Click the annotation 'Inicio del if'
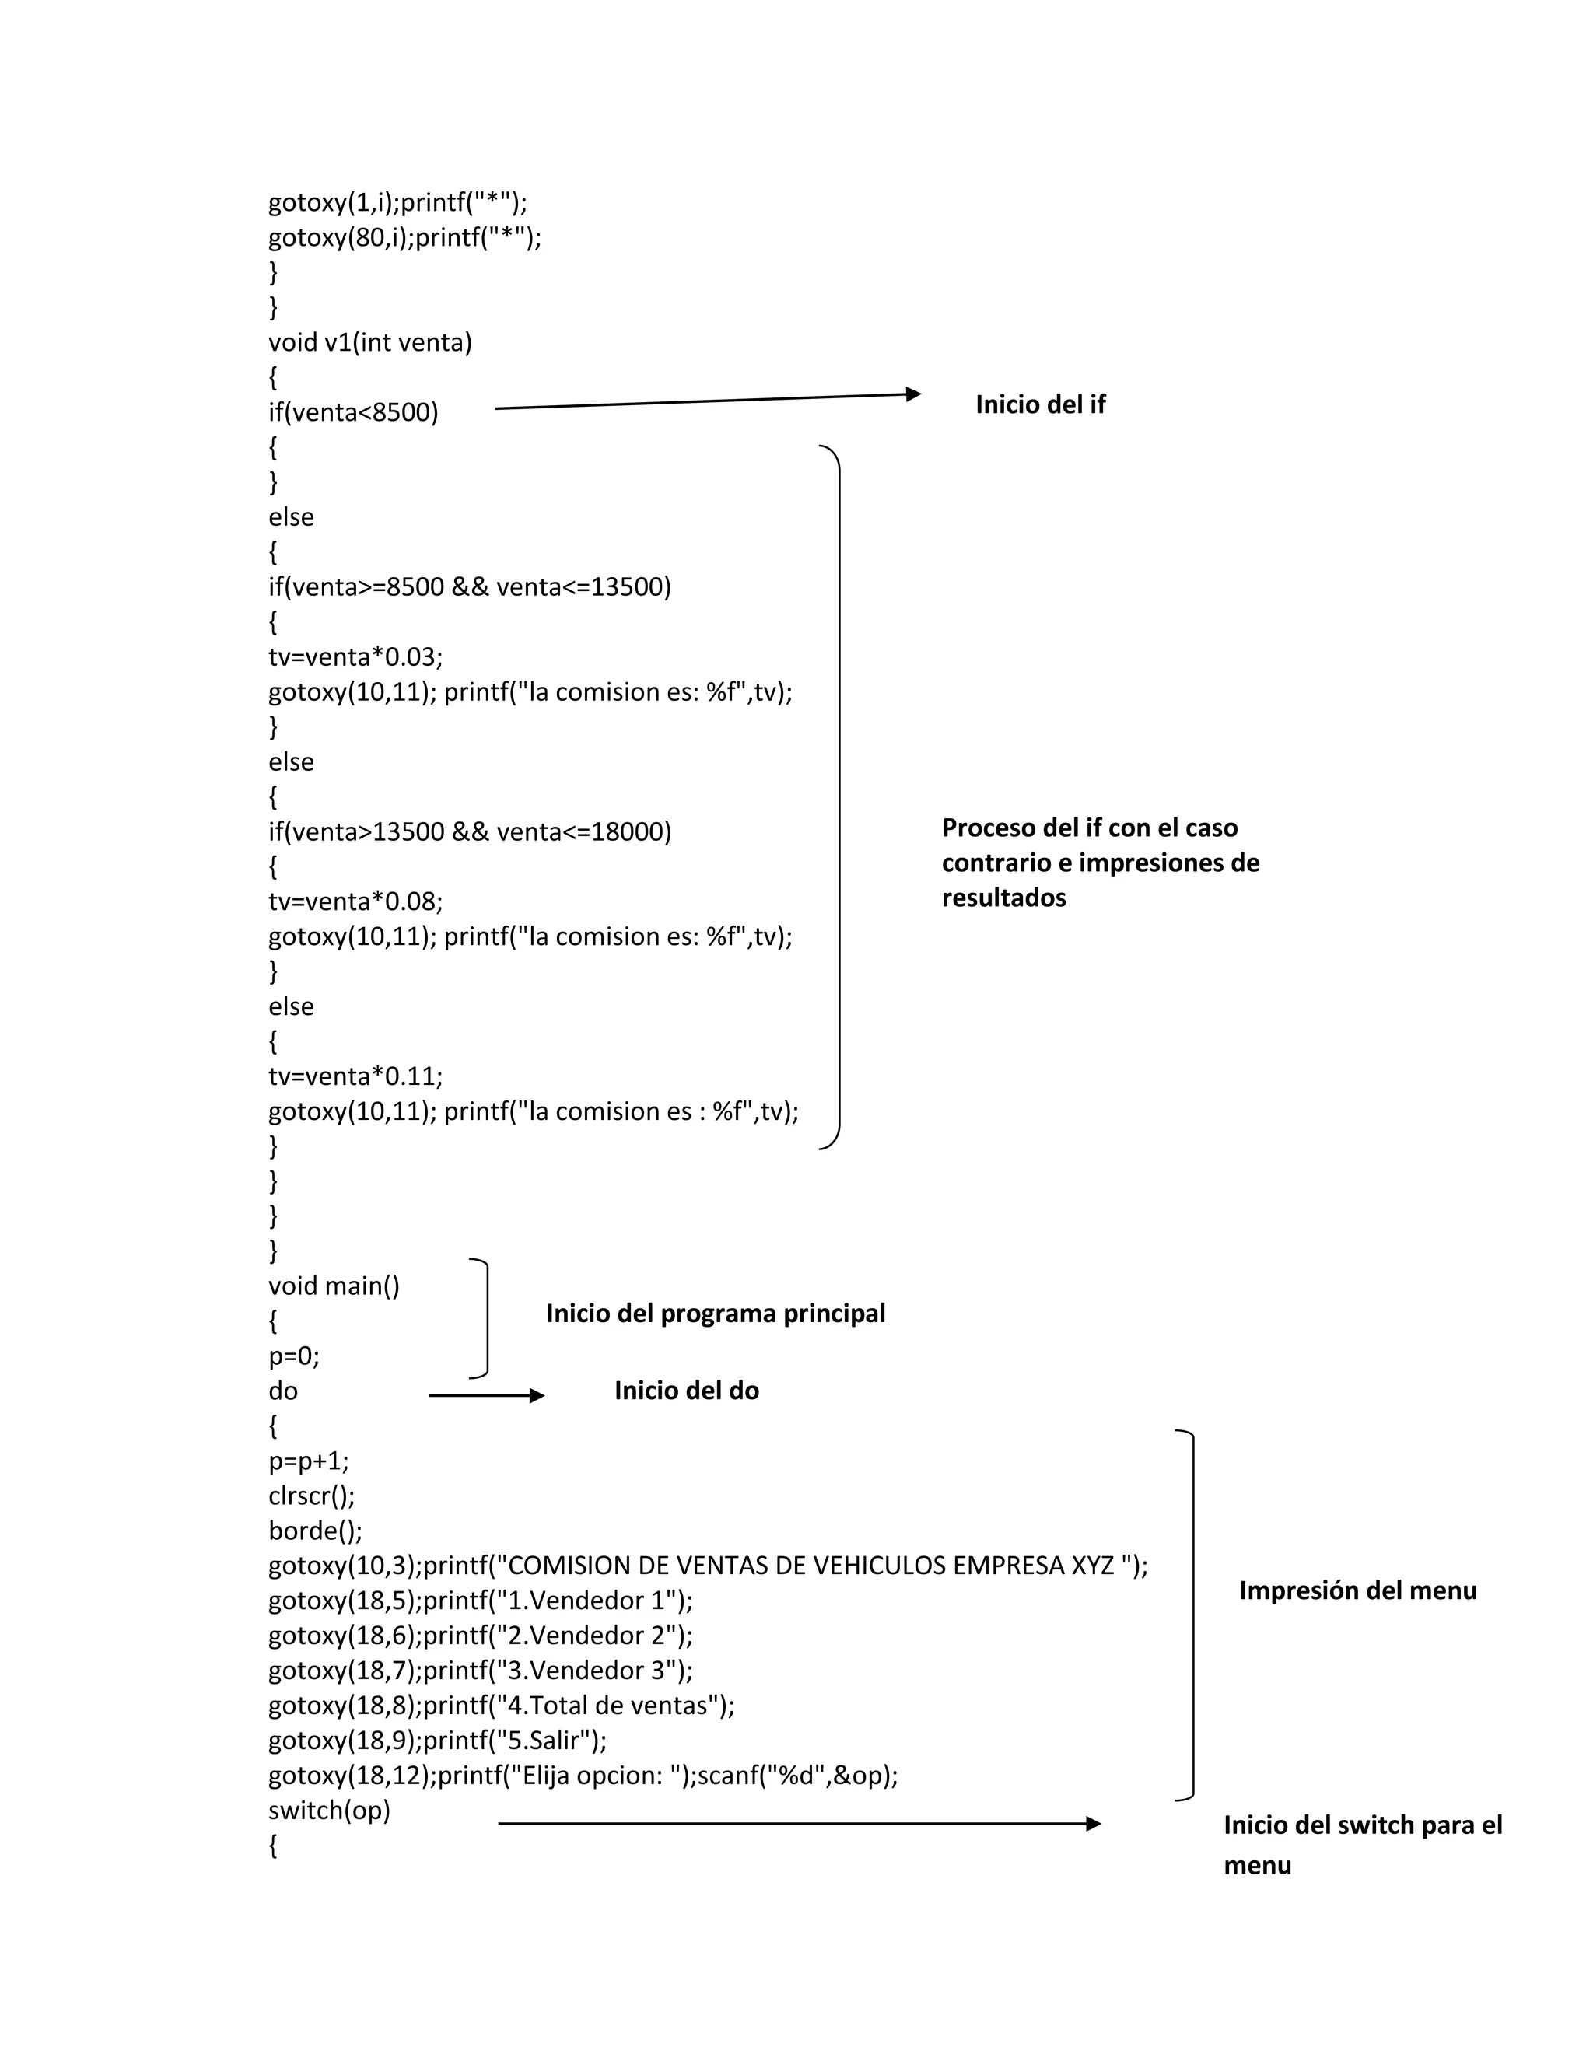[x=1040, y=405]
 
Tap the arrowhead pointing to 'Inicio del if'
[x=912, y=394]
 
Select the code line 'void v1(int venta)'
[x=370, y=341]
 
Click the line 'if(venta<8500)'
[x=353, y=412]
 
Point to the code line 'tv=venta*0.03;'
[x=355, y=657]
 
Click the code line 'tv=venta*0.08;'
[x=355, y=901]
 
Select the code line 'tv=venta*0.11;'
[x=355, y=1076]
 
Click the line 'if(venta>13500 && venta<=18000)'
[x=469, y=831]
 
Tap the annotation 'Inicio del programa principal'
[x=716, y=1314]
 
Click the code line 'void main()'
[x=334, y=1286]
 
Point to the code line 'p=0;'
[x=293, y=1356]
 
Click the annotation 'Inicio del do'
[x=686, y=1391]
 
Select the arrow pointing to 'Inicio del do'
[x=486, y=1396]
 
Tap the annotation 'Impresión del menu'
[x=1357, y=1591]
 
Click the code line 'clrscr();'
[x=311, y=1496]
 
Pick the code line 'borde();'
[x=315, y=1531]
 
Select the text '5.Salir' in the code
[x=544, y=1740]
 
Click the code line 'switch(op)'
[x=328, y=1810]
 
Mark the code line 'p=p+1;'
[x=309, y=1461]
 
